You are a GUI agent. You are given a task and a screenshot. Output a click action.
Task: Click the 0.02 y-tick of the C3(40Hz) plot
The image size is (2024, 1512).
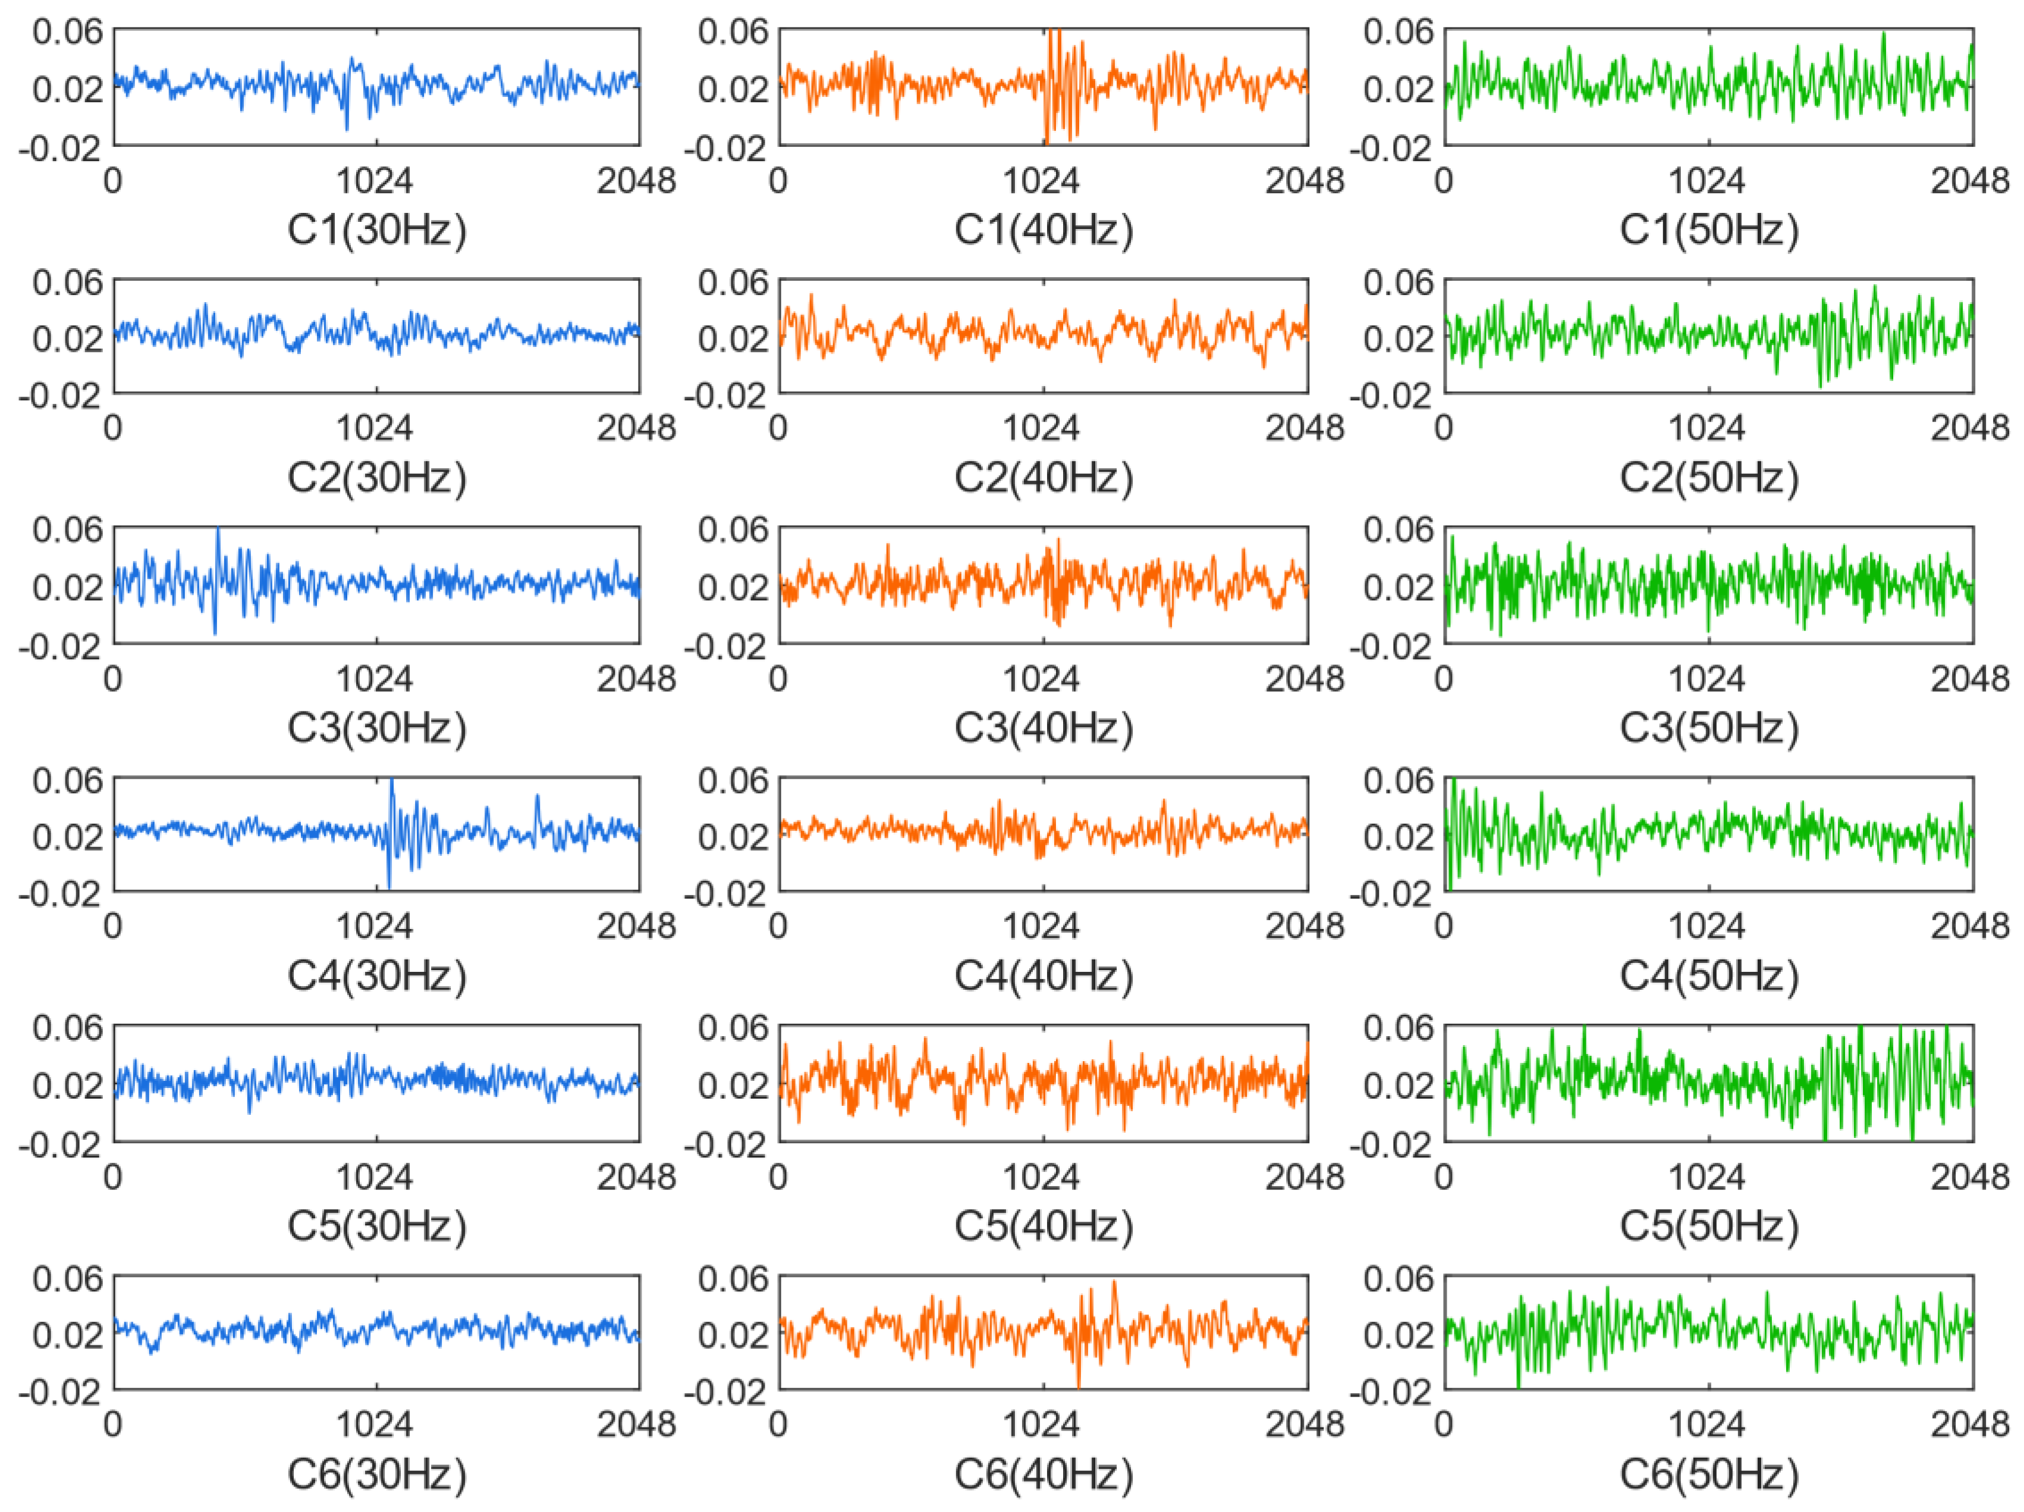(734, 586)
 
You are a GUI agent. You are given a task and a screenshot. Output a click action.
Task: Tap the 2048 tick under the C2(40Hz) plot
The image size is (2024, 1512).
(1304, 428)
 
